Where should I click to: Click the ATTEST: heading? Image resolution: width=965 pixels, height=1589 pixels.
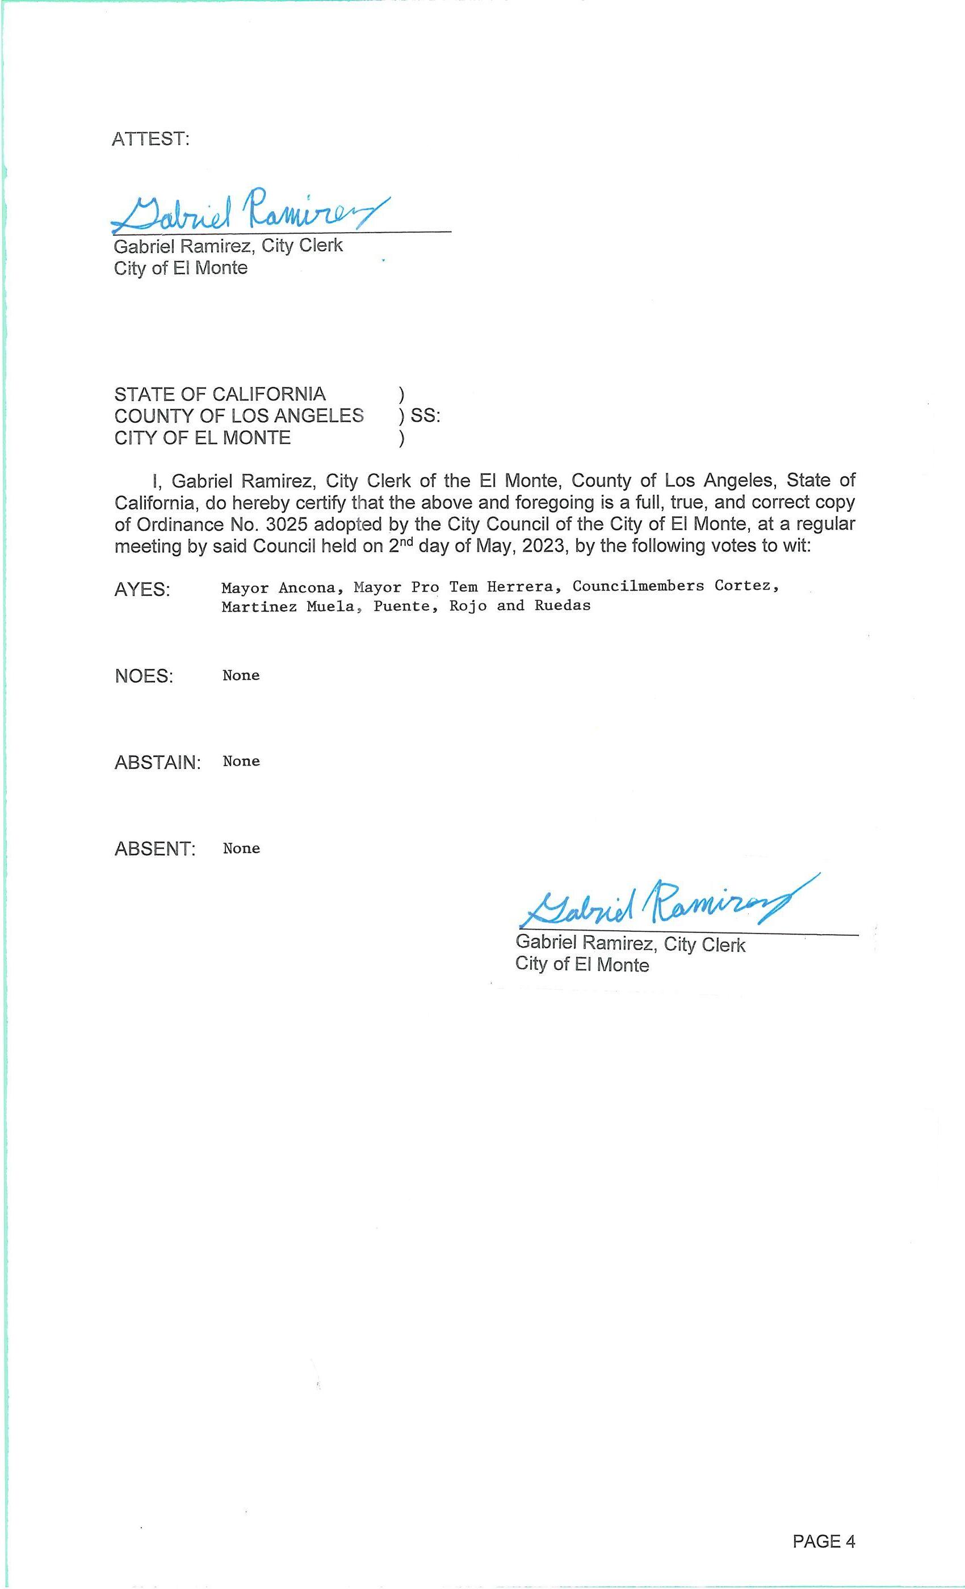click(150, 138)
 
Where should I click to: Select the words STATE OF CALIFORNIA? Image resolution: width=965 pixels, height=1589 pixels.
click(220, 394)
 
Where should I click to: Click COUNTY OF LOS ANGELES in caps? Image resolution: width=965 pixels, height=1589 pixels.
click(238, 416)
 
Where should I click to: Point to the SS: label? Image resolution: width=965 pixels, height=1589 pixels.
click(426, 416)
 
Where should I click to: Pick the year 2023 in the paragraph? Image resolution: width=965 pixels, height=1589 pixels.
click(543, 546)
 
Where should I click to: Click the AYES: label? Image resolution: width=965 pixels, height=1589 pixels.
click(142, 590)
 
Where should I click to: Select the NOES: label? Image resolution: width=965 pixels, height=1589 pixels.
click(144, 676)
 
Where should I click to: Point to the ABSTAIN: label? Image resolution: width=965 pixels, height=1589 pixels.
click(158, 763)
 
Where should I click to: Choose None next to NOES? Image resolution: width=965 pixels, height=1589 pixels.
click(241, 675)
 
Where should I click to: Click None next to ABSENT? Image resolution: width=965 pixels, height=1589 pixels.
click(241, 848)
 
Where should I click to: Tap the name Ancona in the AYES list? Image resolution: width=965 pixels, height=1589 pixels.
click(307, 588)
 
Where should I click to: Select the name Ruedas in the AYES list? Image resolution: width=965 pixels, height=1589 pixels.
click(563, 606)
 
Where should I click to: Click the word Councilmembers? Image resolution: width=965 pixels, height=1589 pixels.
click(638, 586)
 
